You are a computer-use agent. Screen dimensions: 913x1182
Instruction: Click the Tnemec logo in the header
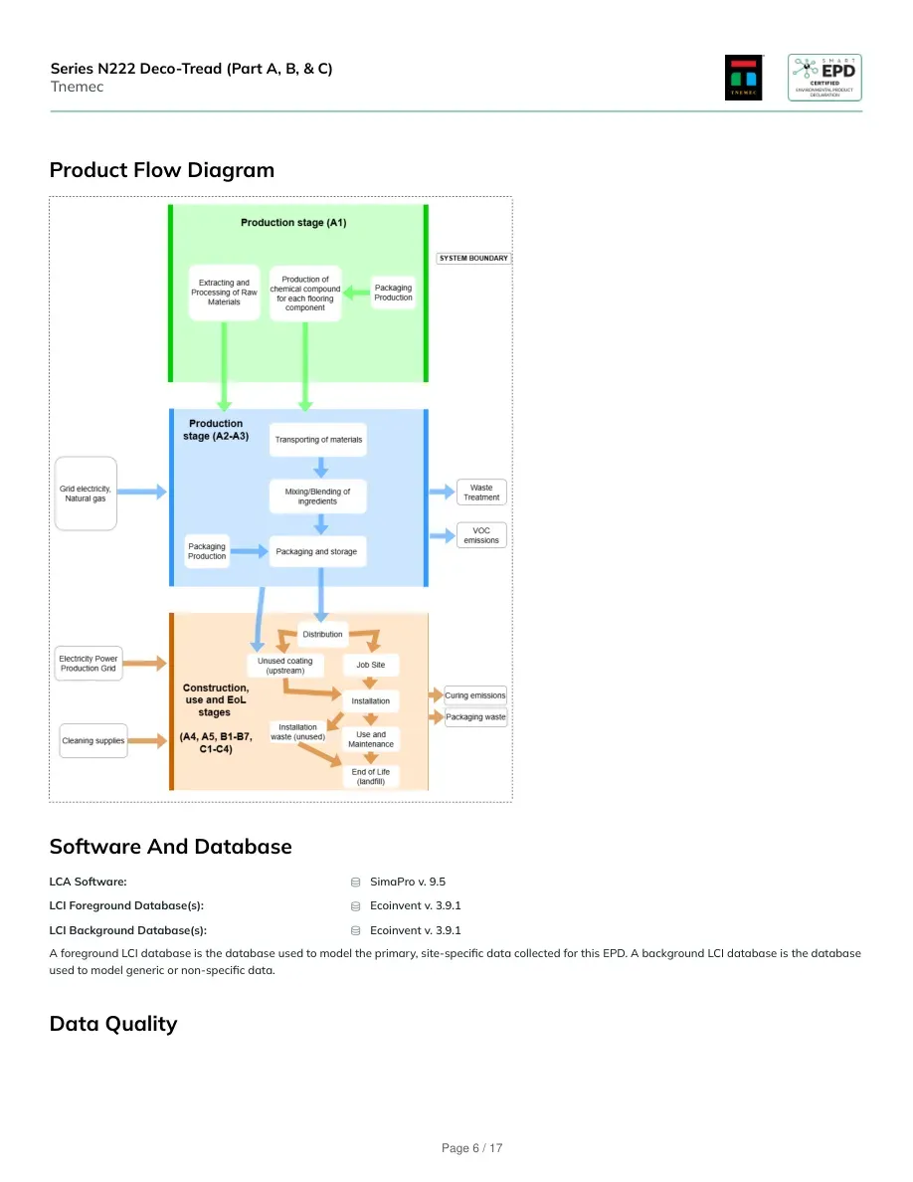(x=744, y=77)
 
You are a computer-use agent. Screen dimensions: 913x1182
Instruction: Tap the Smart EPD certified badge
(x=824, y=77)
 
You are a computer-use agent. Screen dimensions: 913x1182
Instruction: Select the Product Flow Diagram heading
(x=162, y=170)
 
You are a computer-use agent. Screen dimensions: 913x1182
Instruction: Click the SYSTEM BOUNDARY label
(x=473, y=258)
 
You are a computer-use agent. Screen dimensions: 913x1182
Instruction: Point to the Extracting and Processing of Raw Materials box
(x=224, y=293)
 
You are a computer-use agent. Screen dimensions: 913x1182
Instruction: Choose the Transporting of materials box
(x=318, y=440)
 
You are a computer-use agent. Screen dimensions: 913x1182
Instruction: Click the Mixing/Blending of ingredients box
(x=318, y=496)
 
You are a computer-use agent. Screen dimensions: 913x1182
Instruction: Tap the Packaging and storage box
(x=317, y=552)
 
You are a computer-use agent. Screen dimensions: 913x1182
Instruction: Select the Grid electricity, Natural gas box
(x=86, y=493)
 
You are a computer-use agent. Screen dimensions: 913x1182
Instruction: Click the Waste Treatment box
(x=481, y=492)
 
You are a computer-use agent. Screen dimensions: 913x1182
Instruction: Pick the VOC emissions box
(x=481, y=535)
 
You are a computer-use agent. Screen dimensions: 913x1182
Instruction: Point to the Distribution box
(x=322, y=634)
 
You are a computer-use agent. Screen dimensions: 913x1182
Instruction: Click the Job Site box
(x=371, y=665)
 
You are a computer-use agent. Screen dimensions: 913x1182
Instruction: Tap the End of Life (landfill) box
(x=371, y=776)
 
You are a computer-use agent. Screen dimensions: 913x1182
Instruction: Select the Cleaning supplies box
(x=93, y=741)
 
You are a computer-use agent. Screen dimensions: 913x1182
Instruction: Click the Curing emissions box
(x=475, y=695)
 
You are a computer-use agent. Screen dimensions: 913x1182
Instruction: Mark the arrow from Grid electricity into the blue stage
(x=141, y=492)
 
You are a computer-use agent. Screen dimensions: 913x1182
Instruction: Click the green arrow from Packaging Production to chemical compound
(x=357, y=293)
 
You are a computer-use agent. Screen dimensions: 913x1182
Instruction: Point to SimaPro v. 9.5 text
(x=408, y=882)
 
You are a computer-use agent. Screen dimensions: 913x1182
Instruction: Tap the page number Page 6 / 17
(x=471, y=1148)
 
